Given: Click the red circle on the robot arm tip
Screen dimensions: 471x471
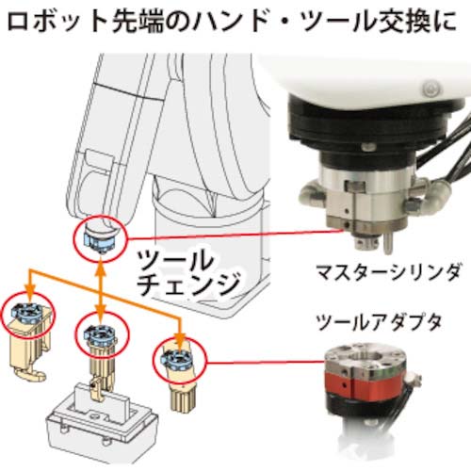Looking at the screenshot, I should pyautogui.click(x=98, y=240).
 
